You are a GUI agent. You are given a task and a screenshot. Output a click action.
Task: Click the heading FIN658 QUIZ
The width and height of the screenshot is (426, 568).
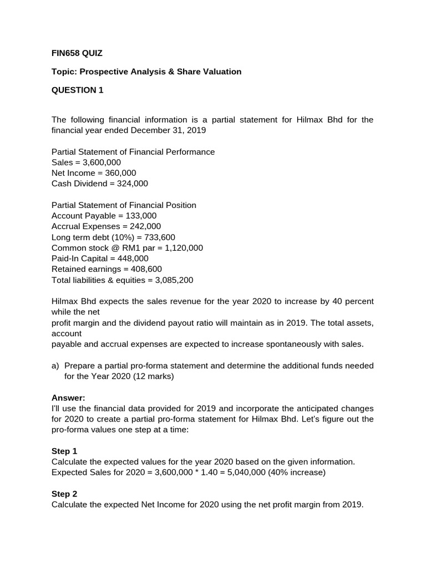[77, 53]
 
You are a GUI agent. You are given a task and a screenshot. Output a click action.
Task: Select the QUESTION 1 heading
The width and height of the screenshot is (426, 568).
[77, 90]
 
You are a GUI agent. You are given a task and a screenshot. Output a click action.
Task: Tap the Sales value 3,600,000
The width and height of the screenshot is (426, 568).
[100, 163]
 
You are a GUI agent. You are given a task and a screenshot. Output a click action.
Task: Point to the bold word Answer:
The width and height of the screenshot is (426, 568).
[69, 398]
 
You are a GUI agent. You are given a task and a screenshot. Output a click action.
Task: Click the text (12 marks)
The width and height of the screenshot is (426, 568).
[153, 376]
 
